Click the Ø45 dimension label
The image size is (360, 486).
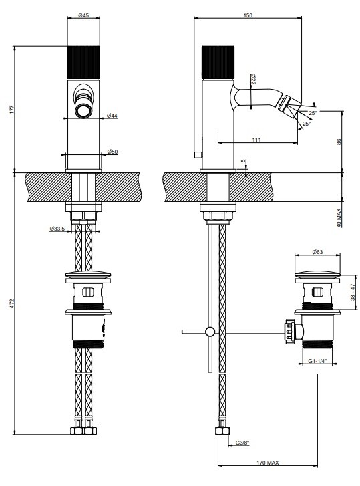[83, 15]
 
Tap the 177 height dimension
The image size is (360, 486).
[12, 110]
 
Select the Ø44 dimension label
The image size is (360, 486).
[112, 116]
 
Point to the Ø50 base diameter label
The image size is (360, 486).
[112, 152]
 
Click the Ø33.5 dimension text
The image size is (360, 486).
[57, 229]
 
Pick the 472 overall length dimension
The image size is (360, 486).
[12, 303]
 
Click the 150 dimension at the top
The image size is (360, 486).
[248, 15]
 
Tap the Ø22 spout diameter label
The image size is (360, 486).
[252, 79]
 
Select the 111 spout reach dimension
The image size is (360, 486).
[256, 140]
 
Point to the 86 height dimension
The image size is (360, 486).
[339, 142]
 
